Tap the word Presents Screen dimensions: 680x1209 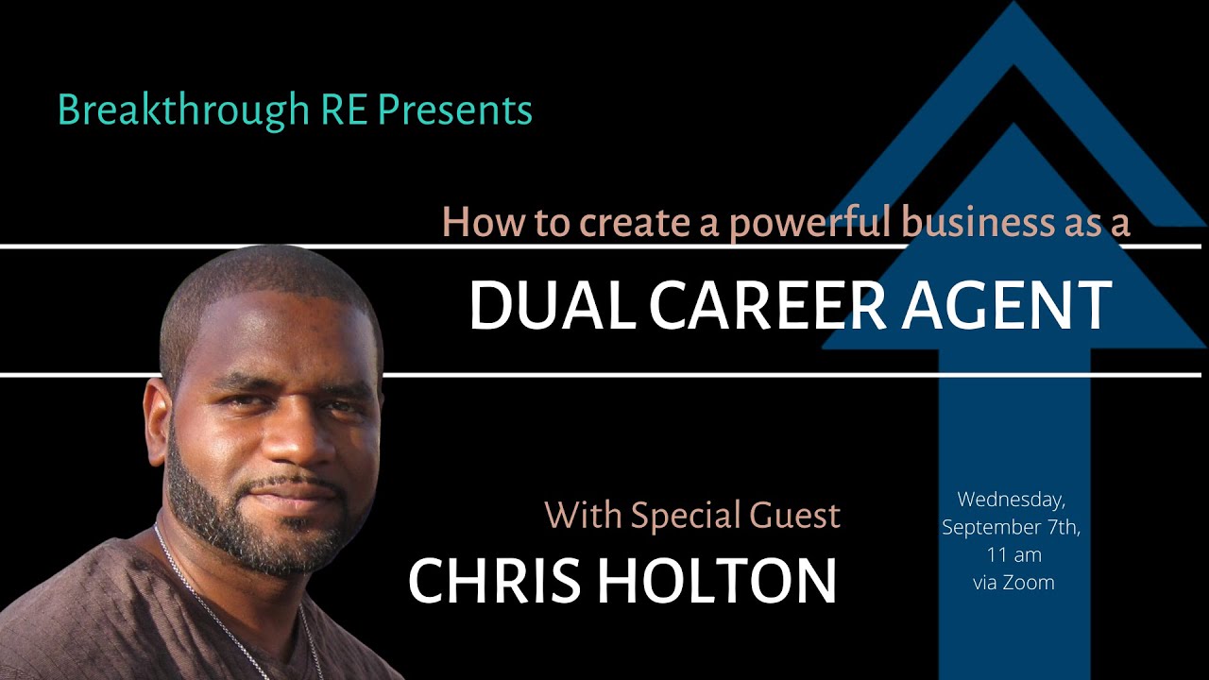[x=455, y=110]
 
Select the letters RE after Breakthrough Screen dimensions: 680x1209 [x=344, y=110]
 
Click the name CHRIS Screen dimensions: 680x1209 [x=492, y=580]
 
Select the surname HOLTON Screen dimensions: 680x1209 [x=718, y=580]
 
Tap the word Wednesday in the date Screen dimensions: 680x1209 [x=1010, y=499]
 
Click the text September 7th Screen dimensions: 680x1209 [x=1011, y=527]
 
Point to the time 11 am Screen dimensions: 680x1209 [x=1013, y=554]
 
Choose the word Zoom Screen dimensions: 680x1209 [x=1030, y=582]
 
